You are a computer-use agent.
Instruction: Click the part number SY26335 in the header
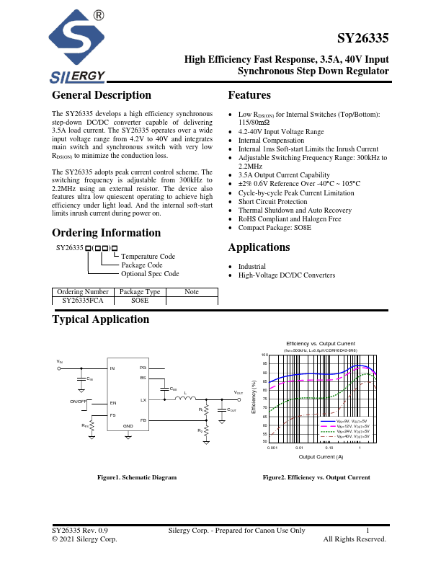click(363, 39)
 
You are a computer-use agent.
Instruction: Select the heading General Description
click(102, 95)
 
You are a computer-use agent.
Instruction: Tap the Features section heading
click(249, 95)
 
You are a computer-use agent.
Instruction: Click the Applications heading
click(259, 247)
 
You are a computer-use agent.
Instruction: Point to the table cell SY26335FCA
click(83, 300)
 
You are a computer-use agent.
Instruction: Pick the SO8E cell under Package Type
click(139, 300)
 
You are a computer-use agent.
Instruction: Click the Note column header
click(191, 291)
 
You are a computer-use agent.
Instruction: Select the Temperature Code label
click(148, 256)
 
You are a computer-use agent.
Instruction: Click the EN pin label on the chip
click(113, 402)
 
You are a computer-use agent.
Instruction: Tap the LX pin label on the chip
click(143, 399)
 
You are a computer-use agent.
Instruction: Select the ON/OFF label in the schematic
click(78, 400)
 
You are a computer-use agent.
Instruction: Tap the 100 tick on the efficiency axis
click(264, 355)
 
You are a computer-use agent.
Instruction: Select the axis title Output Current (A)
click(321, 456)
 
